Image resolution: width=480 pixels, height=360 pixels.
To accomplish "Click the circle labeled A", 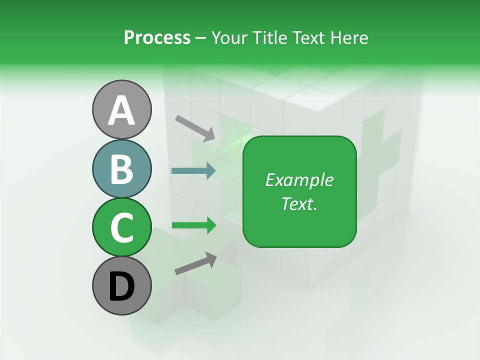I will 121,109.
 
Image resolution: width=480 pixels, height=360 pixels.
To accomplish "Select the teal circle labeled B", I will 121,168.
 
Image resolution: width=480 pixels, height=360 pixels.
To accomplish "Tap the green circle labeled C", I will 121,227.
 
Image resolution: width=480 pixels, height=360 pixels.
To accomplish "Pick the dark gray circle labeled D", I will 121,285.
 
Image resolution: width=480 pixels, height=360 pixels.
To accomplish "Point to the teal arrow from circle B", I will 193,171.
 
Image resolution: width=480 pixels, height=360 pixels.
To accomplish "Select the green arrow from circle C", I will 193,225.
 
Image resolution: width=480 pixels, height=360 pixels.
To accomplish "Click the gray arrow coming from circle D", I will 195,263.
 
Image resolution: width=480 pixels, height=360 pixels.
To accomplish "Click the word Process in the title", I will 157,37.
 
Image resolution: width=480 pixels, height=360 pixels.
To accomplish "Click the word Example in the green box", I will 299,180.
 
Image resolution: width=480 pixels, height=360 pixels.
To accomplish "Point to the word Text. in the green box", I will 299,203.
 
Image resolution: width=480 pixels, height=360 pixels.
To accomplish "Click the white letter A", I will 121,110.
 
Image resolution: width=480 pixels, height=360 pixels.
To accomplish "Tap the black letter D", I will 121,286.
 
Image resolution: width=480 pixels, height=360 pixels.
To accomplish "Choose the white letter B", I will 121,169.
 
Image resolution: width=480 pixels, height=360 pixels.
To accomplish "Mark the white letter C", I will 121,227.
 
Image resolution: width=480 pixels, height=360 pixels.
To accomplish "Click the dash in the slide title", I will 201,38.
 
